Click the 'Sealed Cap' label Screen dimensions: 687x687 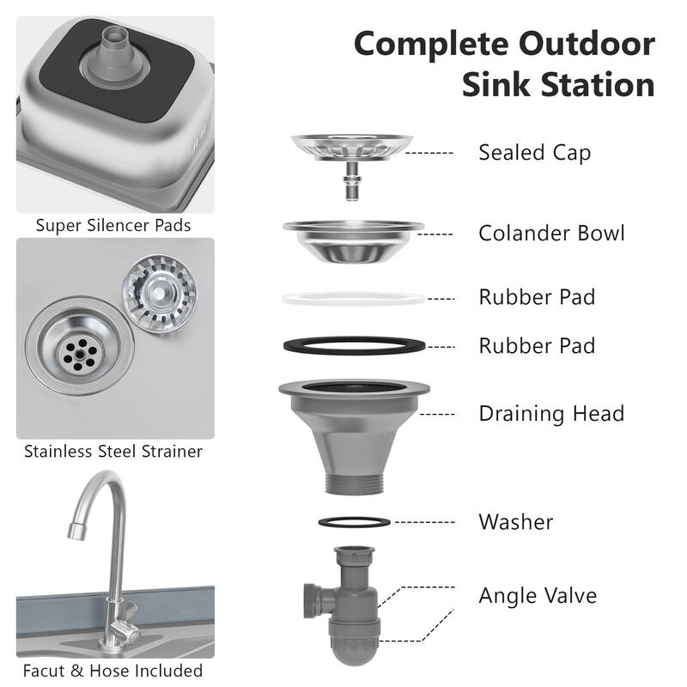coord(534,153)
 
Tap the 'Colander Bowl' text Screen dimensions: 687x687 coord(551,234)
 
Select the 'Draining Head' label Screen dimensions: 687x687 coord(550,414)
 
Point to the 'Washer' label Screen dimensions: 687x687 coord(515,521)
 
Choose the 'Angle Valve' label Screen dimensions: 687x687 coord(537,595)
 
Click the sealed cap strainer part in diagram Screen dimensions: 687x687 coord(352,148)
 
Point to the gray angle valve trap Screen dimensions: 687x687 coord(348,601)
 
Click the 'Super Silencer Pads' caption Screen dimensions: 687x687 coord(113,226)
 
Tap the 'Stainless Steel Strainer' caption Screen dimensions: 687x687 coord(113,451)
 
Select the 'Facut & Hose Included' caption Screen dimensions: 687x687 coord(113,671)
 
